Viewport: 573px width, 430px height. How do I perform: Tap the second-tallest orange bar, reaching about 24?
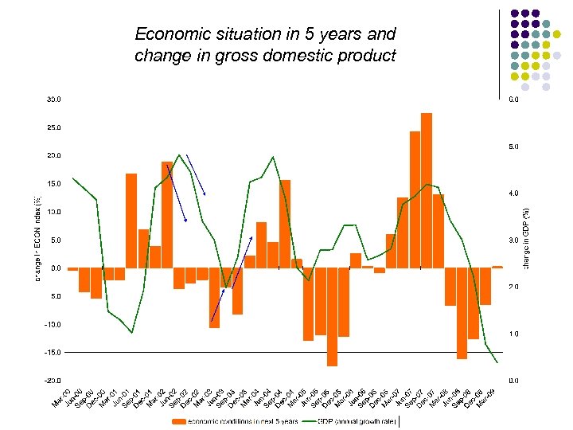(x=415, y=199)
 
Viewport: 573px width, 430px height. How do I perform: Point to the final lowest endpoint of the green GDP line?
(x=497, y=363)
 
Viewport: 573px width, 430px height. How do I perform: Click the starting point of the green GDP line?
(x=72, y=178)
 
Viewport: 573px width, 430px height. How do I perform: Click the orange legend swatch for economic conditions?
(x=179, y=421)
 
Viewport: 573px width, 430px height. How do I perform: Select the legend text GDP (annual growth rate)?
(x=353, y=421)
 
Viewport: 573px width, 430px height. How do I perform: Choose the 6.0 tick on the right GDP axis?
(x=514, y=100)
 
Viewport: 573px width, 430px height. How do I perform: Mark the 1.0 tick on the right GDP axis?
(x=514, y=334)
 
